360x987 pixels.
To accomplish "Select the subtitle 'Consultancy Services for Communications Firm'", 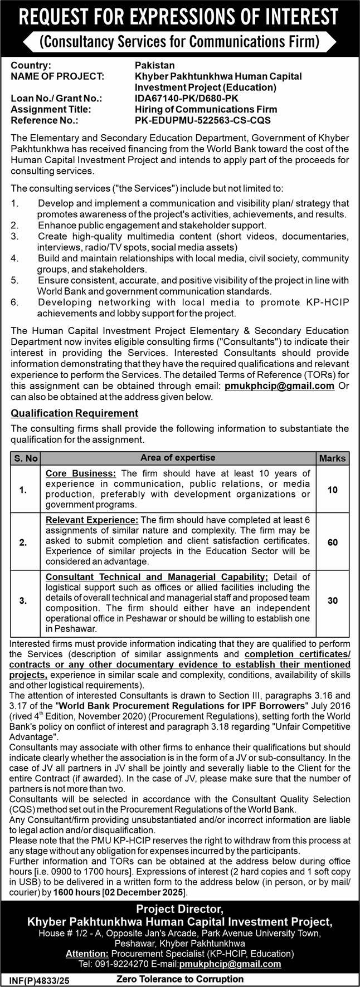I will (180, 42).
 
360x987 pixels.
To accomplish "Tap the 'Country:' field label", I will (31, 66).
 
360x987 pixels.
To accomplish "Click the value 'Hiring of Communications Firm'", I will (198, 109).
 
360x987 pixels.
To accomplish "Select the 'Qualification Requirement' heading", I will (75, 413).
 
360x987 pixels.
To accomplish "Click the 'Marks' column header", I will (333, 458).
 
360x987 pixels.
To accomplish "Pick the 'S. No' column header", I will (26, 458).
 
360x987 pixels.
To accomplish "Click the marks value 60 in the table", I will (333, 542).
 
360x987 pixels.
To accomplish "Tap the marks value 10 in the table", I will (333, 490).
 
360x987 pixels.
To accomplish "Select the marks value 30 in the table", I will (333, 600).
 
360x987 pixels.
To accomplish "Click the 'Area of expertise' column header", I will (178, 458).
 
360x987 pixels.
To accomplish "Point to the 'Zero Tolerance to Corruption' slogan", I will (180, 978).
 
